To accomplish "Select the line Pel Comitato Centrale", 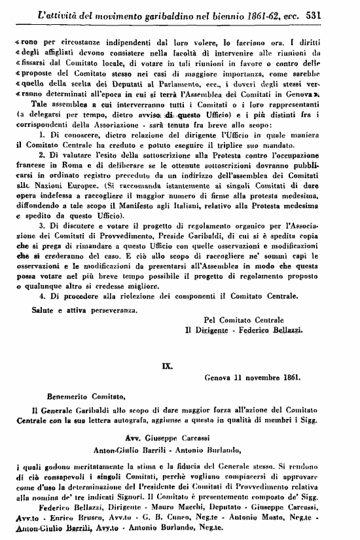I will click(244, 319).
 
